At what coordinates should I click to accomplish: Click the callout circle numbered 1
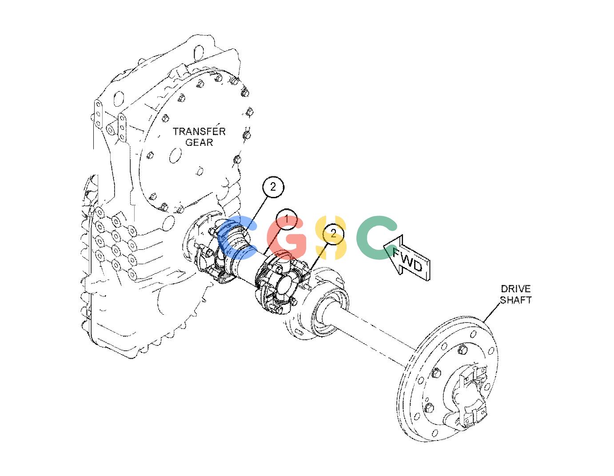pos(287,219)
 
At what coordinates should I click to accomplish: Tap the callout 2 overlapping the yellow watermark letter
pos(333,233)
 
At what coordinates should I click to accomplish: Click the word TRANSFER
pos(199,131)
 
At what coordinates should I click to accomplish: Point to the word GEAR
pos(199,142)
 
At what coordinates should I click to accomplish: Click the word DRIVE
pos(516,288)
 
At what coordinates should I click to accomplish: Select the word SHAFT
pos(516,300)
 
